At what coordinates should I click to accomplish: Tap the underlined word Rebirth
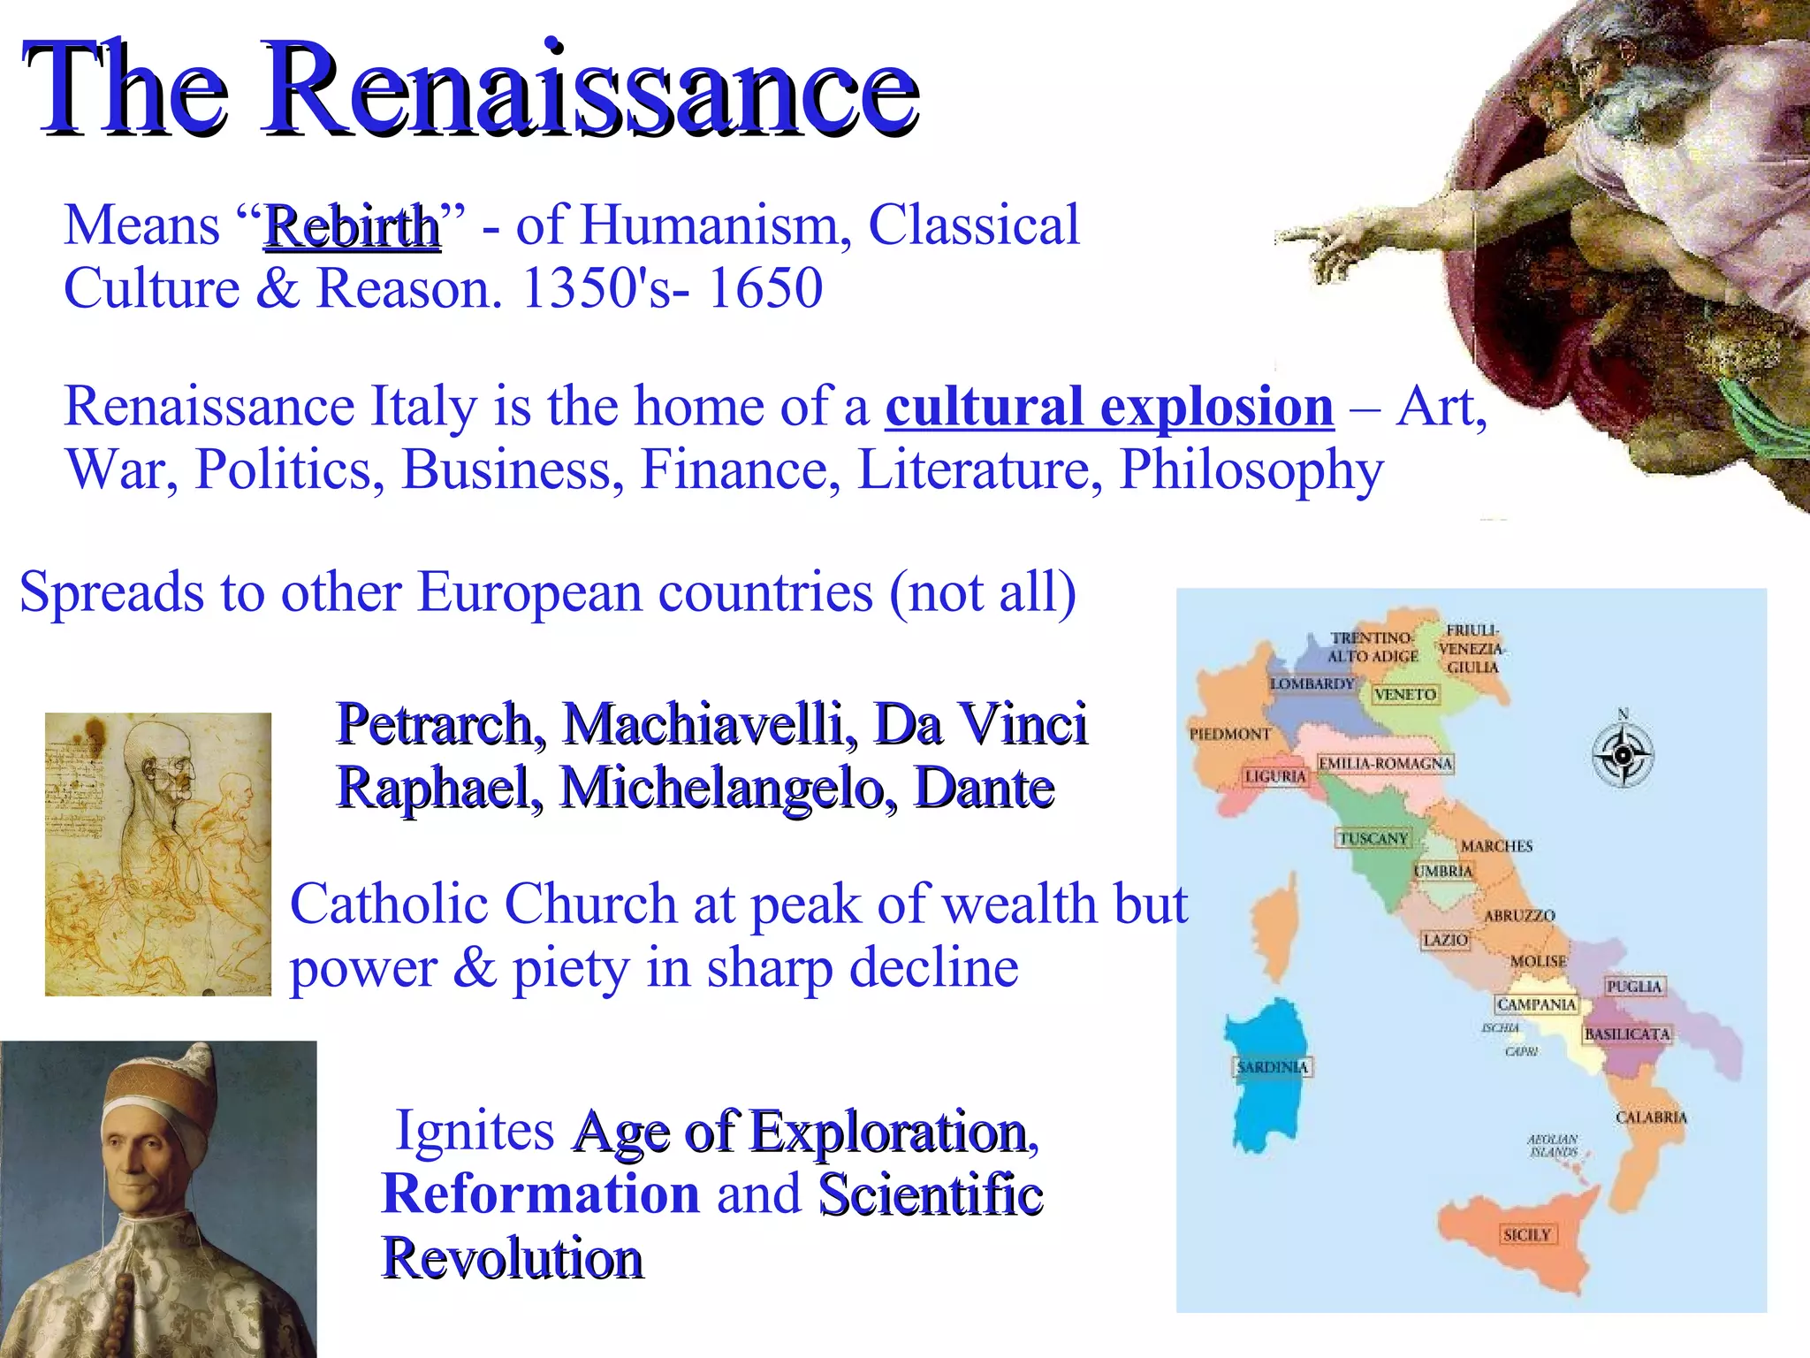click(352, 226)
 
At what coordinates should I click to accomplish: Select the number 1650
click(764, 288)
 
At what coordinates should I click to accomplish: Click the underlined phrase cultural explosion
click(1109, 407)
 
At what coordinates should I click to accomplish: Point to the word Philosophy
click(1251, 470)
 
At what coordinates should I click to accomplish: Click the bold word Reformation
click(540, 1194)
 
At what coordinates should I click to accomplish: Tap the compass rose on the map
click(1623, 755)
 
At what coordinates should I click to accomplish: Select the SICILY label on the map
click(1526, 1235)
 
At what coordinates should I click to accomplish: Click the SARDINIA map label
click(1272, 1067)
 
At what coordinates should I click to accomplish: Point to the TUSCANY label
click(1373, 838)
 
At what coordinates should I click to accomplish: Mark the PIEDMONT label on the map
click(1229, 734)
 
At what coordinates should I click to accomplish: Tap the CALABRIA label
click(1651, 1118)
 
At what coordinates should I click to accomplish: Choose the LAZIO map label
click(1445, 940)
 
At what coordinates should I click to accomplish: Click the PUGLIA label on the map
click(1634, 986)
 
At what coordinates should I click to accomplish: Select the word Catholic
click(391, 904)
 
